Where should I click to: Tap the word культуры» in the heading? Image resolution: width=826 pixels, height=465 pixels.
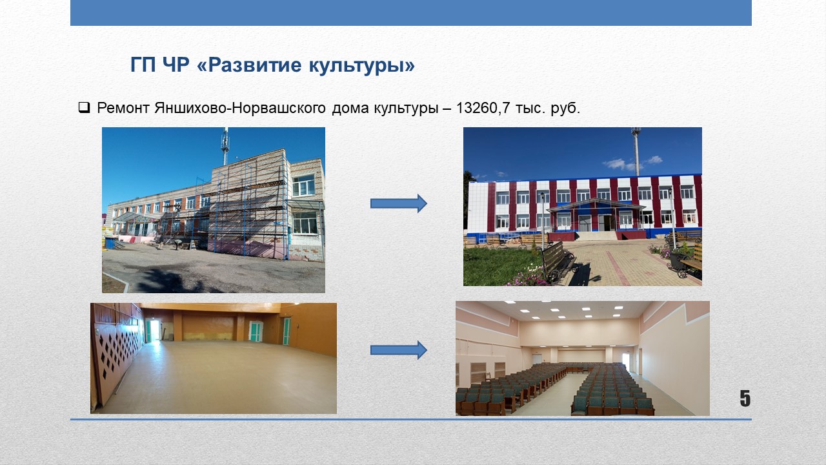(362, 65)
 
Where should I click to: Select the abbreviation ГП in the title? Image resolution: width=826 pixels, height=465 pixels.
(143, 65)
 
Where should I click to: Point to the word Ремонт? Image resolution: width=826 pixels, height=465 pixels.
(123, 108)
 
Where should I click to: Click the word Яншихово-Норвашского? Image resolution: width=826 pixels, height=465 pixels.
(239, 108)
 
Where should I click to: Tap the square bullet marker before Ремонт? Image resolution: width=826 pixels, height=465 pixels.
(84, 107)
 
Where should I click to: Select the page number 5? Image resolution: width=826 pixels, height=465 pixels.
(745, 398)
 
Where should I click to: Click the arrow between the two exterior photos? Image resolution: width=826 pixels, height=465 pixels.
(399, 203)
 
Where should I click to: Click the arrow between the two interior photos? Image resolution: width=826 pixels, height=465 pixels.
(399, 350)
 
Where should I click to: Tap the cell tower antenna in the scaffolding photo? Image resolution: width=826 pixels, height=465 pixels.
(225, 146)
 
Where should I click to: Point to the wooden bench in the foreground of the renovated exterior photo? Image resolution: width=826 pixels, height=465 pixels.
(558, 262)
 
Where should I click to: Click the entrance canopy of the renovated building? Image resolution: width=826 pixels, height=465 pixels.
(596, 206)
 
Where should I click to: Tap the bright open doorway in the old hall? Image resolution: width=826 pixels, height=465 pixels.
(154, 330)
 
